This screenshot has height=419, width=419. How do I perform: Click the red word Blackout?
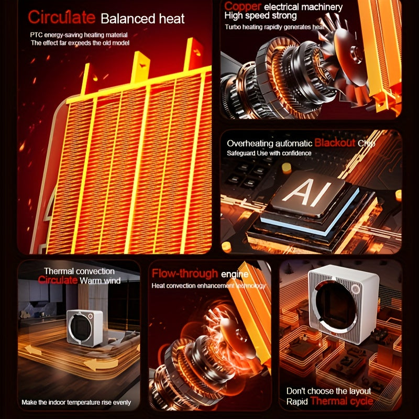[335, 143]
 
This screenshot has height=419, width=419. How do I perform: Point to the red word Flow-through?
[185, 273]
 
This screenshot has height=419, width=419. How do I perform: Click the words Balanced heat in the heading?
[142, 19]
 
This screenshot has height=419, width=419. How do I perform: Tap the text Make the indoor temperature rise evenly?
[76, 403]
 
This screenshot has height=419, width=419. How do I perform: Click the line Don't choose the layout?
[328, 391]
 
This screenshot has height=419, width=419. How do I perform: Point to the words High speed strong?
[261, 16]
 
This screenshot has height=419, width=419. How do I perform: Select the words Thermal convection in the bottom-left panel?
[79, 271]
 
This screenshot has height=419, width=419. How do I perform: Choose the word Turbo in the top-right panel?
[234, 26]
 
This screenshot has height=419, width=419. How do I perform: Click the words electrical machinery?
[303, 7]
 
